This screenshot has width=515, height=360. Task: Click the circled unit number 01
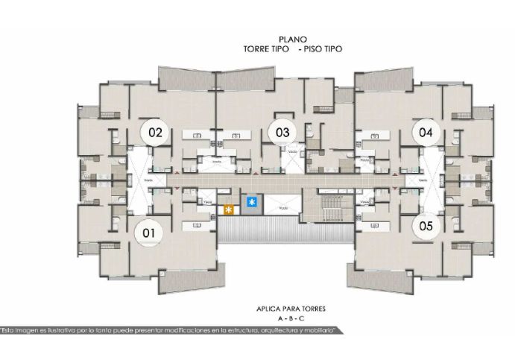point(148,233)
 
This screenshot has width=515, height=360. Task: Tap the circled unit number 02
point(155,133)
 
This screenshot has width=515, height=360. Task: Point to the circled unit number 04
point(426,133)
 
